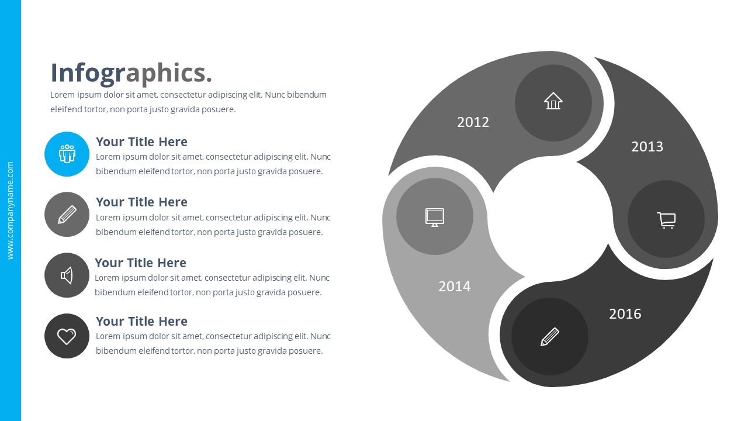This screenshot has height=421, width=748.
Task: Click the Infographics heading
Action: [x=131, y=73]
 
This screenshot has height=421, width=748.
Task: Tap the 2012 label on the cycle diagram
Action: [x=473, y=122]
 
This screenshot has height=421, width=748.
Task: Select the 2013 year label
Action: [x=647, y=147]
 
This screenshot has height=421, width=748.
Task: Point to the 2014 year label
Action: [x=454, y=287]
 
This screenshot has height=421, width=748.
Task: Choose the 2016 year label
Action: [x=625, y=314]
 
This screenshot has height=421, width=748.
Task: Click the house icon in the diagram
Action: [x=553, y=101]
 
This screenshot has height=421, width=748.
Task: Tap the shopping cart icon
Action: [x=666, y=219]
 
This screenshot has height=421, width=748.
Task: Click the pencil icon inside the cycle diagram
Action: [x=549, y=337]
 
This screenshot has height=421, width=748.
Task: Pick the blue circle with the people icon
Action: [x=67, y=154]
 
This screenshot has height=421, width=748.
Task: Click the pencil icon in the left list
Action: [x=67, y=215]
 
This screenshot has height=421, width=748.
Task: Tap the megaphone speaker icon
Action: [x=67, y=275]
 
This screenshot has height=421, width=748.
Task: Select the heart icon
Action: [x=67, y=336]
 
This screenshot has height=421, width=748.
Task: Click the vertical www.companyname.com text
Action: [x=10, y=210]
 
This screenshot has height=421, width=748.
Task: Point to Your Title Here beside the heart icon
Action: [x=141, y=322]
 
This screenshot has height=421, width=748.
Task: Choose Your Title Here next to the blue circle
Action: [x=141, y=142]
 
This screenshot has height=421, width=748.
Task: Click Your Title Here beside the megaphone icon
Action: [x=140, y=263]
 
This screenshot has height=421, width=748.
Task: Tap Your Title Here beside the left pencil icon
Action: [x=141, y=202]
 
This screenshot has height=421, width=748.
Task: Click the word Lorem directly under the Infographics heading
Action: [x=61, y=95]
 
